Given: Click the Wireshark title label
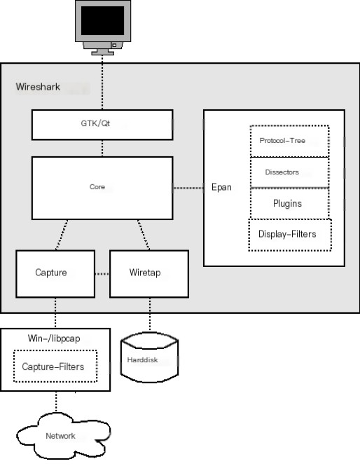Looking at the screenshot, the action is point(38,87).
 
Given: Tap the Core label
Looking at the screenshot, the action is point(97,187).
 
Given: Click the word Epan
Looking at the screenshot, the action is point(221,187).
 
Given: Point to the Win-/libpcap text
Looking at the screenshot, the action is point(54,338).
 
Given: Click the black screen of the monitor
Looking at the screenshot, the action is point(102,21).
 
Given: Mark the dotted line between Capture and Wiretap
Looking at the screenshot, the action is point(102,274).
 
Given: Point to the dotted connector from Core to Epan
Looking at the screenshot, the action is point(188,188).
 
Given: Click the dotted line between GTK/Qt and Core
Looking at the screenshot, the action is point(102,149).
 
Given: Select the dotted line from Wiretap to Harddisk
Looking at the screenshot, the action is point(150,314).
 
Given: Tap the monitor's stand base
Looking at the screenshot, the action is point(102,53).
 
